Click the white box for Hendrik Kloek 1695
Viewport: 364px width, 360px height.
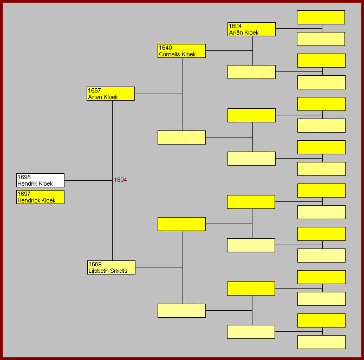[40, 180]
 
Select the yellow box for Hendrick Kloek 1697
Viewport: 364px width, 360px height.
[40, 197]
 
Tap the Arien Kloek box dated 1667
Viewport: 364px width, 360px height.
[110, 94]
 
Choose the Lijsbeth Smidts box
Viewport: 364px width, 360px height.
[111, 267]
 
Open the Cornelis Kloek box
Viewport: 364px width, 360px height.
[181, 51]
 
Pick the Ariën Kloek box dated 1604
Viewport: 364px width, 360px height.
[251, 29]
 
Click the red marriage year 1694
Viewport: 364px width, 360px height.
[120, 180]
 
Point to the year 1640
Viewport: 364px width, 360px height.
[165, 48]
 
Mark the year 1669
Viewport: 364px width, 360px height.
[95, 264]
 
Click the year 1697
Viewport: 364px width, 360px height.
[24, 194]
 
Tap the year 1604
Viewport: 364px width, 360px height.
[235, 26]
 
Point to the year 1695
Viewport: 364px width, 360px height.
[24, 177]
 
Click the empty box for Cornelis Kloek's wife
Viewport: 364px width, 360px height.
[181, 138]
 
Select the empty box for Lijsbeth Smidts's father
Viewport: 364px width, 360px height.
[181, 224]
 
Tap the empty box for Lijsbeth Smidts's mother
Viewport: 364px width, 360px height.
[181, 311]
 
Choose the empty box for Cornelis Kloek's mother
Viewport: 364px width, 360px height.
[251, 72]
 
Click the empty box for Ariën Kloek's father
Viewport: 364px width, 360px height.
[321, 17]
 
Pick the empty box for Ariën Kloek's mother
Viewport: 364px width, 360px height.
[321, 39]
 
